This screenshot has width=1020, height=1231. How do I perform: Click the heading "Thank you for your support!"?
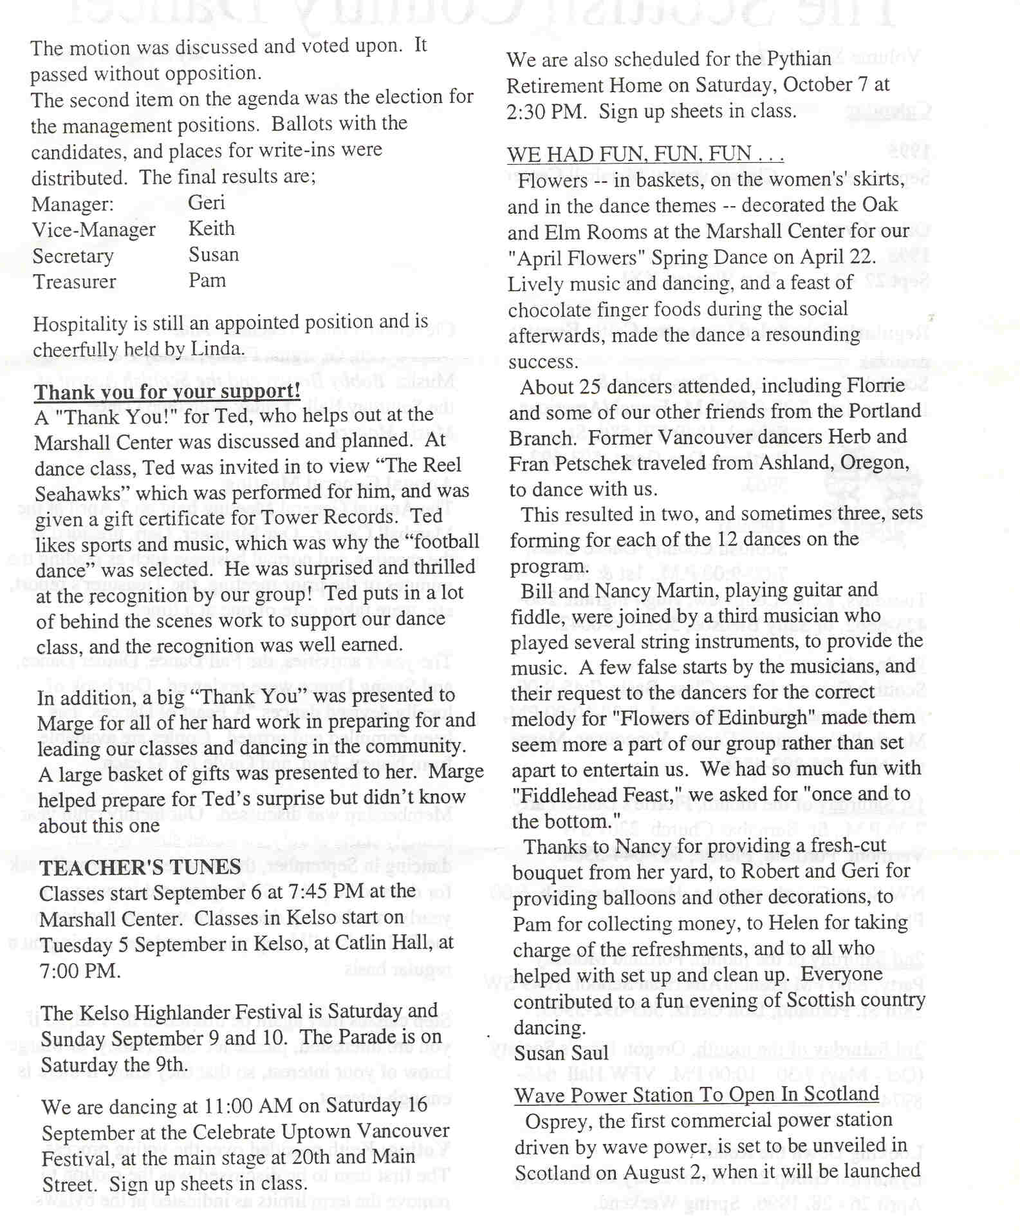coord(167,391)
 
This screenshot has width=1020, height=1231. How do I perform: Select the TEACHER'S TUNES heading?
coord(140,867)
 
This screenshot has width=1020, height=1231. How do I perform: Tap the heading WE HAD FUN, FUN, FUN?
coord(645,155)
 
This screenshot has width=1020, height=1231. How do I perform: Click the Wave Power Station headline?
coord(696,1095)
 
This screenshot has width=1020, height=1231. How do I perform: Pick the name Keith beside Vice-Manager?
coord(212,229)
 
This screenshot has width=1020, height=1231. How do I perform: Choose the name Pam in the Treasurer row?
coord(207,281)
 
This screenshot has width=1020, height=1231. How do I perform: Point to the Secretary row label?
coord(73,256)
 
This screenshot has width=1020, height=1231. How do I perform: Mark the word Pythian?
coord(799,59)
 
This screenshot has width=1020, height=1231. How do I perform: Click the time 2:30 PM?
coord(546,111)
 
